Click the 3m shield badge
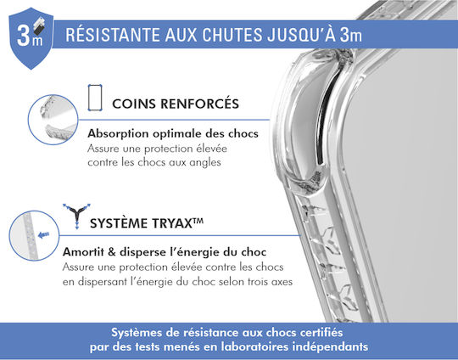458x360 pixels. click(31, 38)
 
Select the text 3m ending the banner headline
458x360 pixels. click(351, 35)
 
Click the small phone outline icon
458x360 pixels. click(95, 98)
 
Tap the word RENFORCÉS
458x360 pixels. click(200, 104)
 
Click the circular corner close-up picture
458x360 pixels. click(53, 120)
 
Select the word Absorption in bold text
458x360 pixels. click(118, 134)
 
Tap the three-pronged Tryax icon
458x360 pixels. click(76, 216)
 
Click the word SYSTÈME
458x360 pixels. click(119, 223)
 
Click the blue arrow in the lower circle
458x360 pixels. click(44, 235)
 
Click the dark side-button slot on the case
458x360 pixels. click(327, 117)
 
